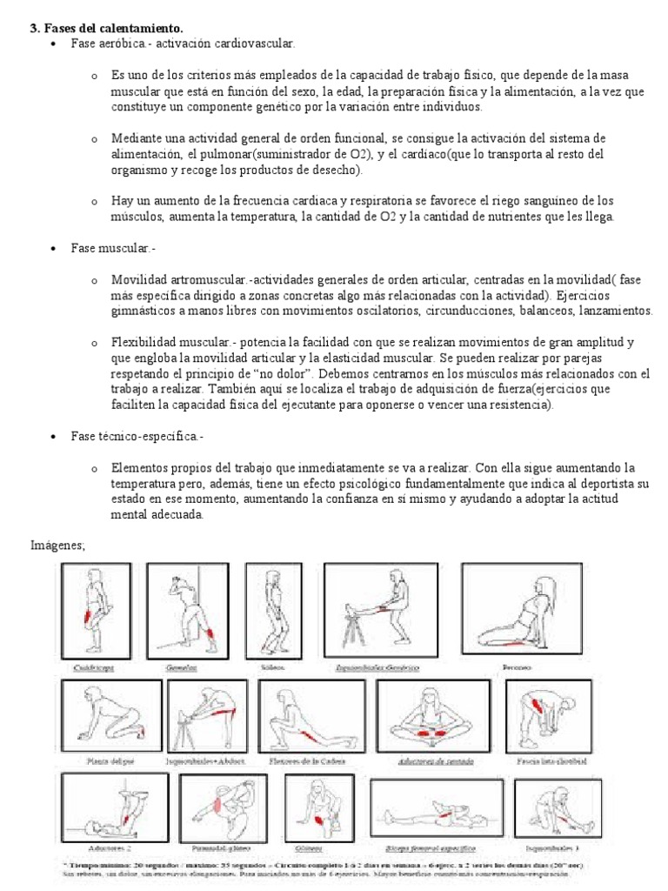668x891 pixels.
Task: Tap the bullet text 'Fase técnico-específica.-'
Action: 137,435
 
